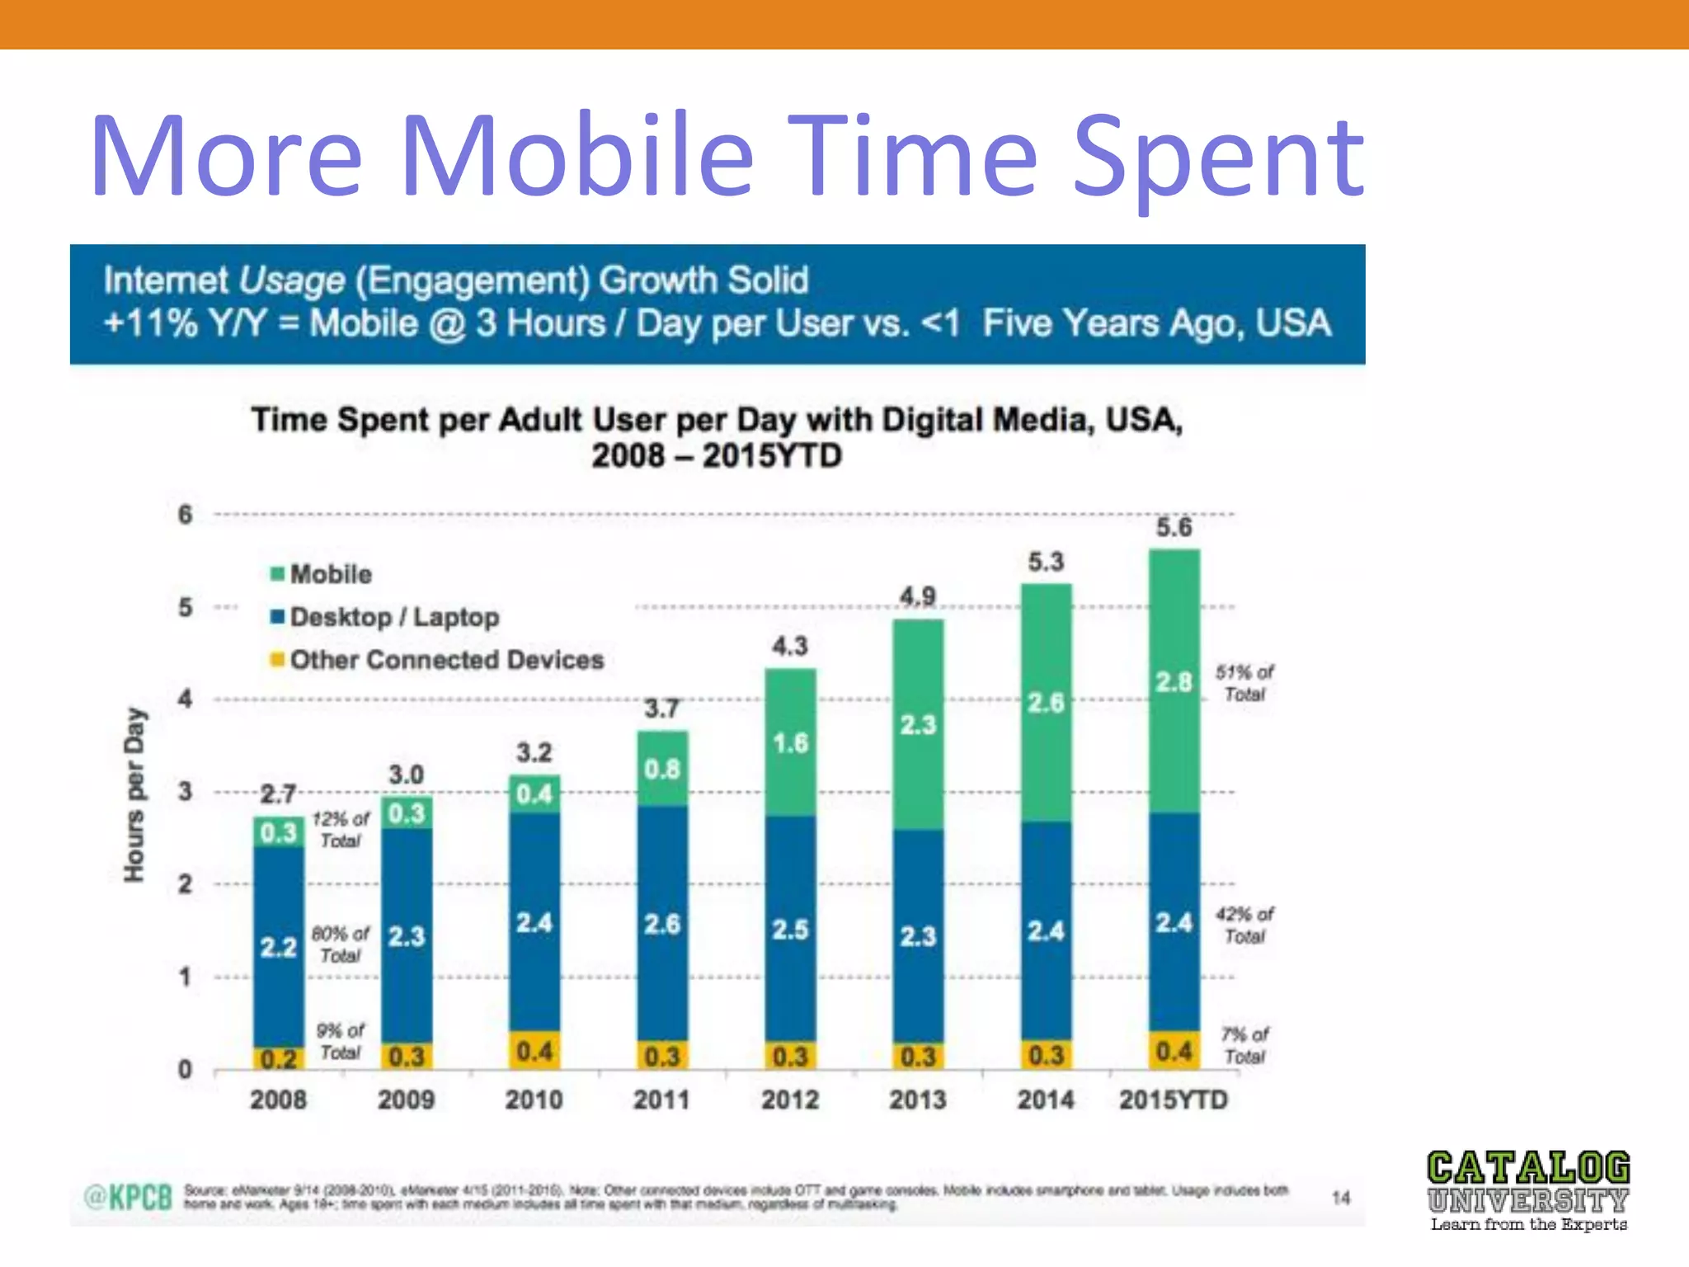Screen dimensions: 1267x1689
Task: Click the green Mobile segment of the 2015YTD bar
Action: point(1174,681)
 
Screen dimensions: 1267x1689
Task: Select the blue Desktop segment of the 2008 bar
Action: point(278,946)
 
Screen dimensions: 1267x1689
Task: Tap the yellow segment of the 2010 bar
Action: point(534,1051)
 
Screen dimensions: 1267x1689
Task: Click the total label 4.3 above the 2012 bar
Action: point(789,646)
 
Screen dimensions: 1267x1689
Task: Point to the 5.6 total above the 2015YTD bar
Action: point(1174,527)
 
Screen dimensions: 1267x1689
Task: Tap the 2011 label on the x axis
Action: point(661,1100)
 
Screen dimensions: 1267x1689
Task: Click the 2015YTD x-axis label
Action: point(1173,1100)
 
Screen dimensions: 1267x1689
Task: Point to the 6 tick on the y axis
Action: point(186,515)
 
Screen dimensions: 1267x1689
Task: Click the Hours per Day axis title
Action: point(134,794)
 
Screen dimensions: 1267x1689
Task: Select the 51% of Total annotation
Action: point(1244,683)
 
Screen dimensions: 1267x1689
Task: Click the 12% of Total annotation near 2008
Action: point(341,830)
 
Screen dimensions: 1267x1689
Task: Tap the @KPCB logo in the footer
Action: point(129,1197)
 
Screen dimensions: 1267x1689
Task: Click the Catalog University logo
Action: point(1528,1190)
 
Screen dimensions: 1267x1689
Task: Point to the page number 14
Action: point(1341,1198)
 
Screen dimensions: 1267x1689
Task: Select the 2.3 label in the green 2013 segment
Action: point(918,725)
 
